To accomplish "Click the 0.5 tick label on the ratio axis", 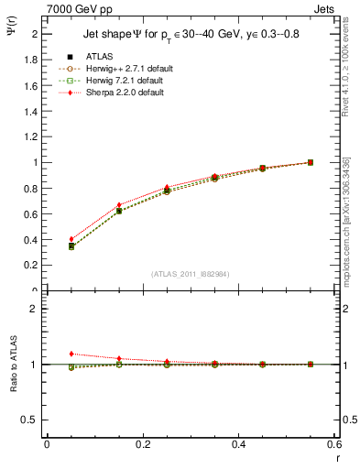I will coord(30,420).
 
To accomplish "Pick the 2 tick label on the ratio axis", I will coord(35,309).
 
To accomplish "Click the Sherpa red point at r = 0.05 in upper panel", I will coord(71,239).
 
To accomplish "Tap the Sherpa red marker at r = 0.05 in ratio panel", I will coord(71,354).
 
